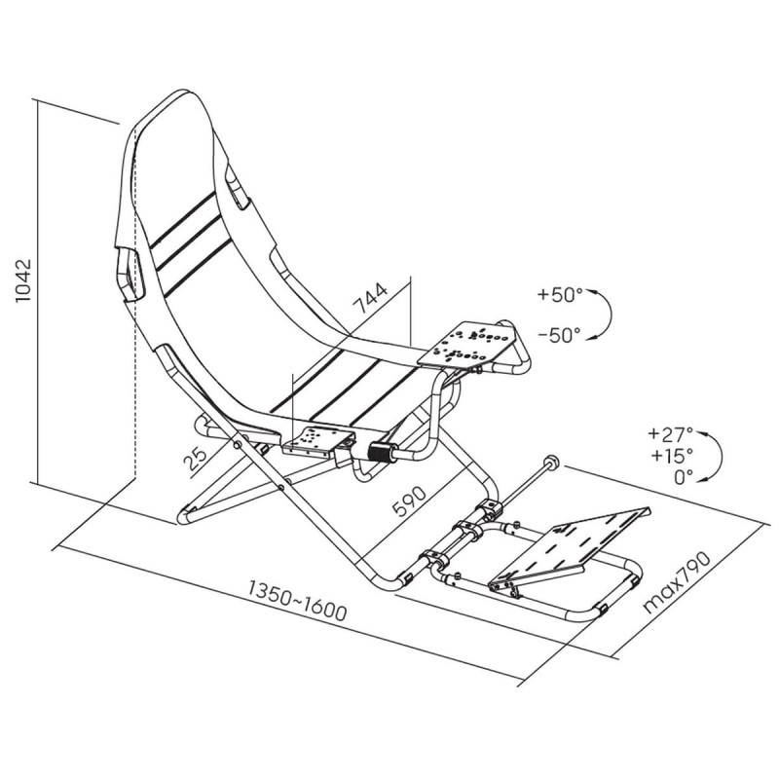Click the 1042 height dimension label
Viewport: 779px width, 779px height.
pyautogui.click(x=23, y=280)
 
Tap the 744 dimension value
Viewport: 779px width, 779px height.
pyautogui.click(x=371, y=299)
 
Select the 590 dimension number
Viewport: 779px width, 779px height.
pyautogui.click(x=409, y=501)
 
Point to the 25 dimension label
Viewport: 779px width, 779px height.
pyautogui.click(x=195, y=459)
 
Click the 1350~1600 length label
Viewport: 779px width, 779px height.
pyautogui.click(x=297, y=601)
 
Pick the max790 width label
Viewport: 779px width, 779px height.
pyautogui.click(x=677, y=582)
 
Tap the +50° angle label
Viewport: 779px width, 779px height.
pyautogui.click(x=560, y=295)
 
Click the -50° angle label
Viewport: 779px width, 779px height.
pyautogui.click(x=559, y=335)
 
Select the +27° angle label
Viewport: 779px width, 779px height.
pyautogui.click(x=670, y=433)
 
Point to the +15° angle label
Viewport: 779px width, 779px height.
pyautogui.click(x=671, y=455)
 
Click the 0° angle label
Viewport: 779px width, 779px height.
pyautogui.click(x=684, y=477)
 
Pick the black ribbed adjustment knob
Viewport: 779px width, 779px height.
pyautogui.click(x=380, y=453)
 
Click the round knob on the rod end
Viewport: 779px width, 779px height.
pyautogui.click(x=552, y=461)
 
